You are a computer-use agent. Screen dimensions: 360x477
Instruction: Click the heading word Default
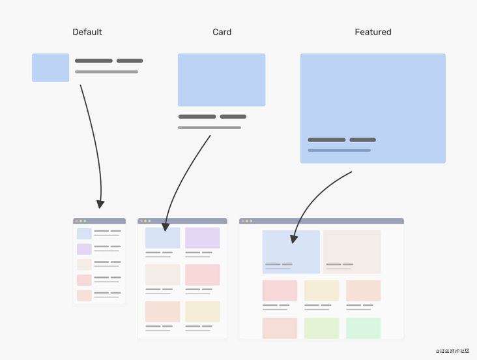(x=87, y=32)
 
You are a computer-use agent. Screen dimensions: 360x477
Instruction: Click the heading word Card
(x=222, y=32)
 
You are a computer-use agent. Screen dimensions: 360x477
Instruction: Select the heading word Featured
(x=373, y=32)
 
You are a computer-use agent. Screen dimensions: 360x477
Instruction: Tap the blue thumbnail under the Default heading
(x=50, y=68)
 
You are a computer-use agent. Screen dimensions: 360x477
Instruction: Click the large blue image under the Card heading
(x=222, y=80)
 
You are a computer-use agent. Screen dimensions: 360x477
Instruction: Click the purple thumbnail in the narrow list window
(x=84, y=249)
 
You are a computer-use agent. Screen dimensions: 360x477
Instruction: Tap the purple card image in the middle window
(x=202, y=238)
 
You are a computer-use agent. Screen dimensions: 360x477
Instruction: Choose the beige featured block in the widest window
(x=352, y=251)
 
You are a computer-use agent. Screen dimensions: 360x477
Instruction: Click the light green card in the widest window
(x=322, y=328)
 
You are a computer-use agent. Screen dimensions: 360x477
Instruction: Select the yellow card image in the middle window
(x=202, y=312)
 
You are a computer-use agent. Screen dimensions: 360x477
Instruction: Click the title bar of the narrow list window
(x=99, y=221)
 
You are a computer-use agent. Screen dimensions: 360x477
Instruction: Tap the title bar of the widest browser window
(x=321, y=221)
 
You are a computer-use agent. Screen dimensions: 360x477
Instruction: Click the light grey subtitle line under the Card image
(x=209, y=128)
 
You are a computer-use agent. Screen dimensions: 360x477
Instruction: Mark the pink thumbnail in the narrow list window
(x=84, y=280)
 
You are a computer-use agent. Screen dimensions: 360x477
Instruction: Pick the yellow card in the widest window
(x=322, y=291)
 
